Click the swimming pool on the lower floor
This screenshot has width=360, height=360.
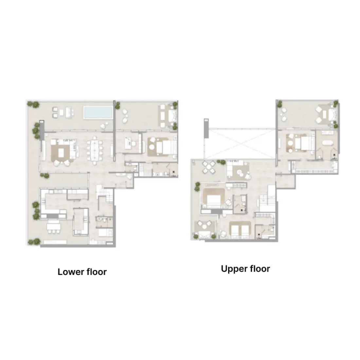[98, 112]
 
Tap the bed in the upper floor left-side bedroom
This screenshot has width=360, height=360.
[213, 197]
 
